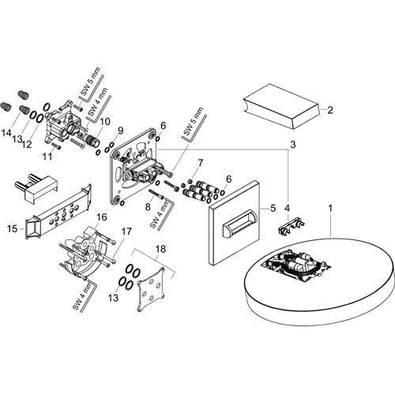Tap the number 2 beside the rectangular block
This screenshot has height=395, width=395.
(331, 110)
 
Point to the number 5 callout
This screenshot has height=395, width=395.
(273, 209)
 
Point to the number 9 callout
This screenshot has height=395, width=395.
(121, 130)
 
